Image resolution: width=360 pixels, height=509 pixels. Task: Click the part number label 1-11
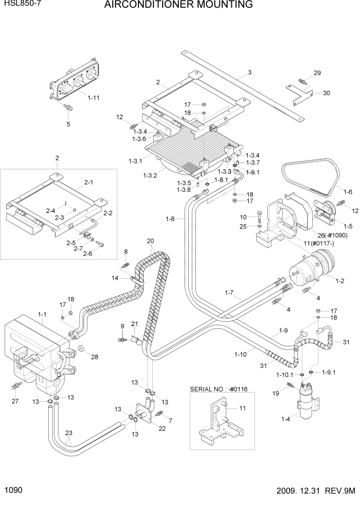pos(94,96)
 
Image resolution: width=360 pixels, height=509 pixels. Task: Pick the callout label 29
pos(317,73)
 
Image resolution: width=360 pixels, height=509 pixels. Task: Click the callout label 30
pos(327,93)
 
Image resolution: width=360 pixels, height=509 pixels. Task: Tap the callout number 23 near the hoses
pos(69,433)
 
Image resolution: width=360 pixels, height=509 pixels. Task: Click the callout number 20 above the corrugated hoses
pos(150,241)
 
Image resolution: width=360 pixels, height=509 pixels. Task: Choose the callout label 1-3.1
pos(136,161)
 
